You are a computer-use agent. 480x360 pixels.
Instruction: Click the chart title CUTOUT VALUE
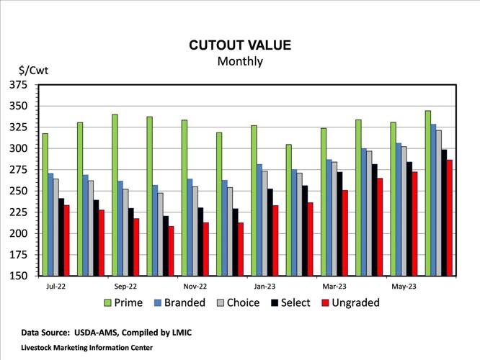pos(240,45)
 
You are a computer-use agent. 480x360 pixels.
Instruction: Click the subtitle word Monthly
pos(240,61)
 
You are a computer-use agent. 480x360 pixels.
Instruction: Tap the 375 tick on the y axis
pos(19,85)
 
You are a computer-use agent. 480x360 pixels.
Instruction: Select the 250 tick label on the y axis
pos(19,192)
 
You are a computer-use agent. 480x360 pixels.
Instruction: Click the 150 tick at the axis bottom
pos(19,276)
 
